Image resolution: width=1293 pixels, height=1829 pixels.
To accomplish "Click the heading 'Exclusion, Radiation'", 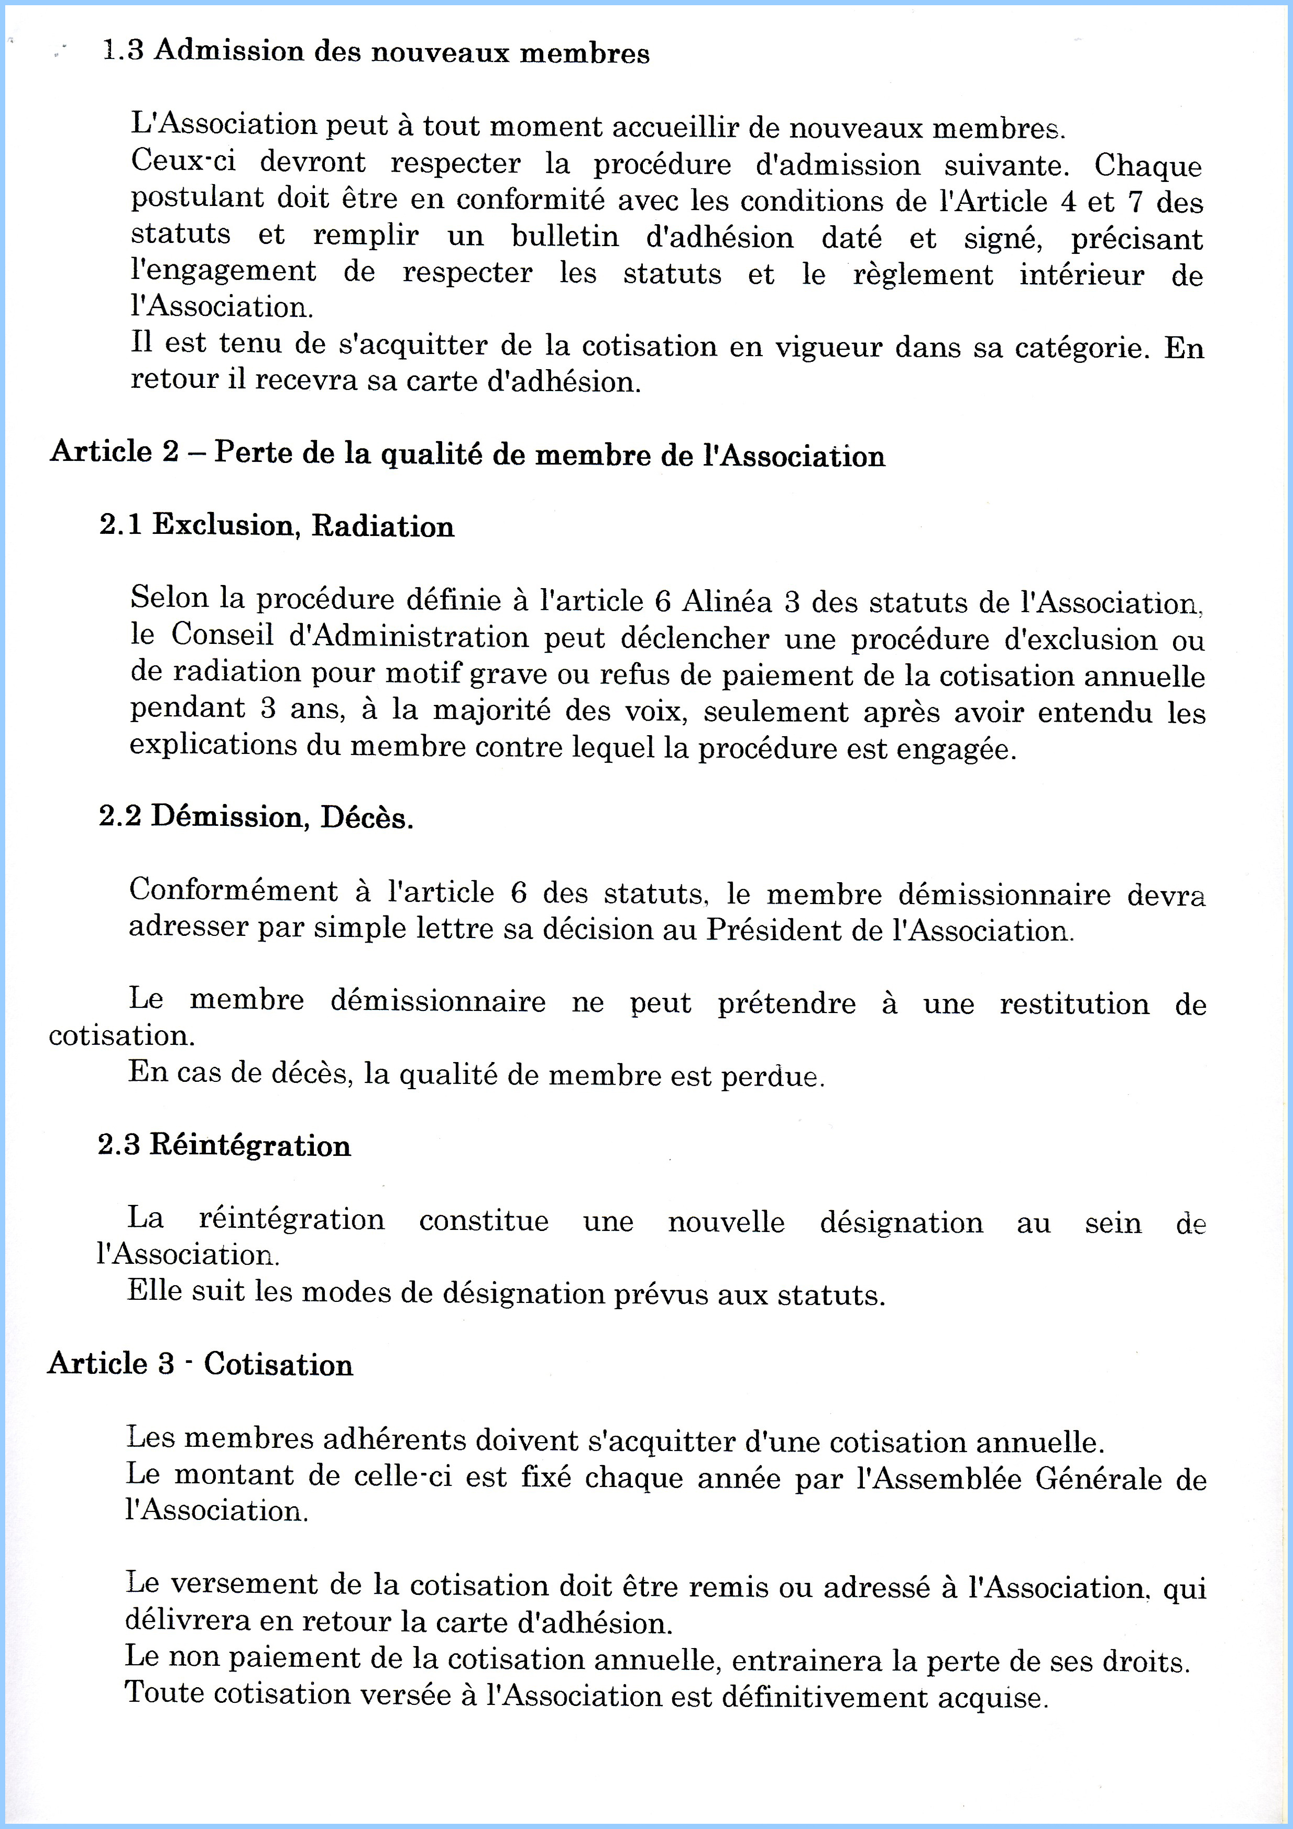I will point(303,526).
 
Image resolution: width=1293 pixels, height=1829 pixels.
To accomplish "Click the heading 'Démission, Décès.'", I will point(282,818).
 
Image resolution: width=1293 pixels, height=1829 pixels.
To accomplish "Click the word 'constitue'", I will point(484,1221).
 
